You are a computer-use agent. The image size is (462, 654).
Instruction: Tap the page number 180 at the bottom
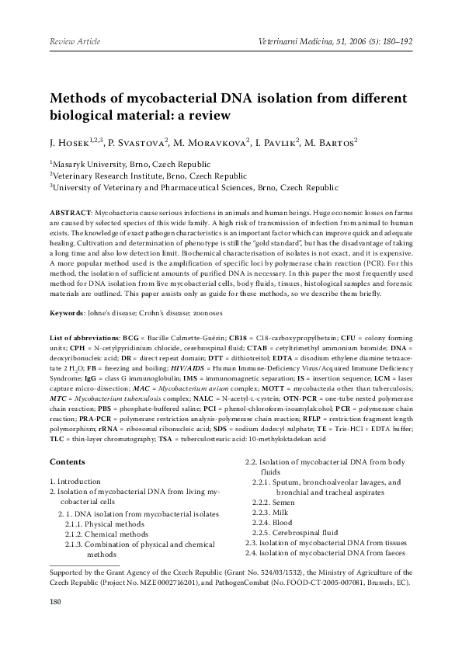(55, 600)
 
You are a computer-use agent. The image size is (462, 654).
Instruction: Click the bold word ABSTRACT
(71, 212)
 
